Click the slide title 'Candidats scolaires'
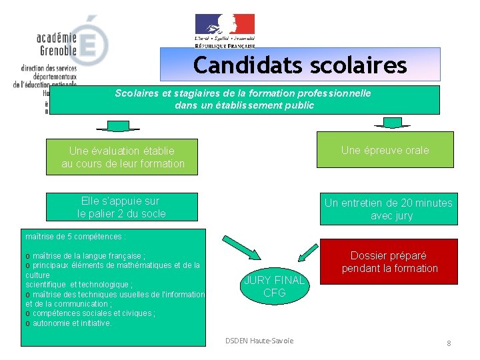coord(300,65)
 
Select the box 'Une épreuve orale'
coord(385,150)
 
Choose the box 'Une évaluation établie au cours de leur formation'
coord(122,157)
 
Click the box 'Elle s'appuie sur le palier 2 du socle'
coord(122,207)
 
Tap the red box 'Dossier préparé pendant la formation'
coord(389,261)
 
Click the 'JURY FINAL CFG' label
coord(274,286)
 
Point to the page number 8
coord(449,343)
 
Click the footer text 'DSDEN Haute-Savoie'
coord(259,341)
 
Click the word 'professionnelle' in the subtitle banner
coord(335,94)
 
